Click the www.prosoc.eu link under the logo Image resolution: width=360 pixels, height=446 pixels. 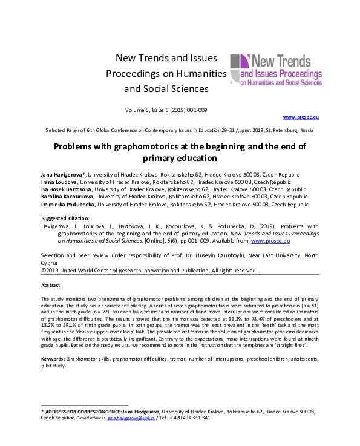coord(297,116)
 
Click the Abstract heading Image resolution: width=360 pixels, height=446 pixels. coord(51,284)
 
